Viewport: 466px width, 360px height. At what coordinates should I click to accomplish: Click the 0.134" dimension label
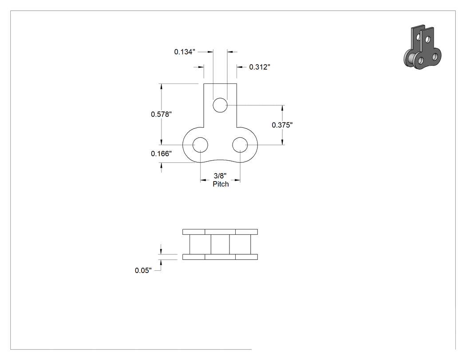(185, 52)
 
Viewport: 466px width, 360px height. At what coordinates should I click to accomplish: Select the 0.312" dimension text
(260, 67)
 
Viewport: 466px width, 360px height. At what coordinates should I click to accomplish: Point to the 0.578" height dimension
(161, 114)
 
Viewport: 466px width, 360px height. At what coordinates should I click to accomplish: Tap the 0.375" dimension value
(282, 125)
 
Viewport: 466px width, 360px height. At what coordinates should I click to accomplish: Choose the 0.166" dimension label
(161, 154)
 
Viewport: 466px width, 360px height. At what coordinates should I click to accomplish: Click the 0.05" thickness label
(143, 270)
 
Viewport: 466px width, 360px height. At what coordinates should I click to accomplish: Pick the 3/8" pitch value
(220, 176)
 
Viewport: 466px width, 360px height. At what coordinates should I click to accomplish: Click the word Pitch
(221, 184)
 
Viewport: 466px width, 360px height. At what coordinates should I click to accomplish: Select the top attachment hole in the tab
(220, 105)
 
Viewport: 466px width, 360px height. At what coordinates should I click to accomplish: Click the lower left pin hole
(200, 145)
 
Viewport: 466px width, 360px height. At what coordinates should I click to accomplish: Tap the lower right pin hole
(240, 145)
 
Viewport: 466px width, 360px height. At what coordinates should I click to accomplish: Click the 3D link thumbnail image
(423, 47)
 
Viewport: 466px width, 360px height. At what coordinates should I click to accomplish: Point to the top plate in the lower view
(220, 232)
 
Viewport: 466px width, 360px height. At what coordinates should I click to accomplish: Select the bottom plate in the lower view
(220, 257)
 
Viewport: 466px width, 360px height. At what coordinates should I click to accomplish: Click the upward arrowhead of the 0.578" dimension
(162, 87)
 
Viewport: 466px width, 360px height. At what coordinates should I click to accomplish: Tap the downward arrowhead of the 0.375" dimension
(282, 142)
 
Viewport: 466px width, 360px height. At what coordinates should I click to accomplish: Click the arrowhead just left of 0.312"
(240, 67)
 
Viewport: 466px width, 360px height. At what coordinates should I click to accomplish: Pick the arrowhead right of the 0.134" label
(210, 52)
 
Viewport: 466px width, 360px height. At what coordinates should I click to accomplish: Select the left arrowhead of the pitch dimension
(203, 180)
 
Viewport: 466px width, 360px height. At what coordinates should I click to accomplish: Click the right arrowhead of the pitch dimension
(237, 180)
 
